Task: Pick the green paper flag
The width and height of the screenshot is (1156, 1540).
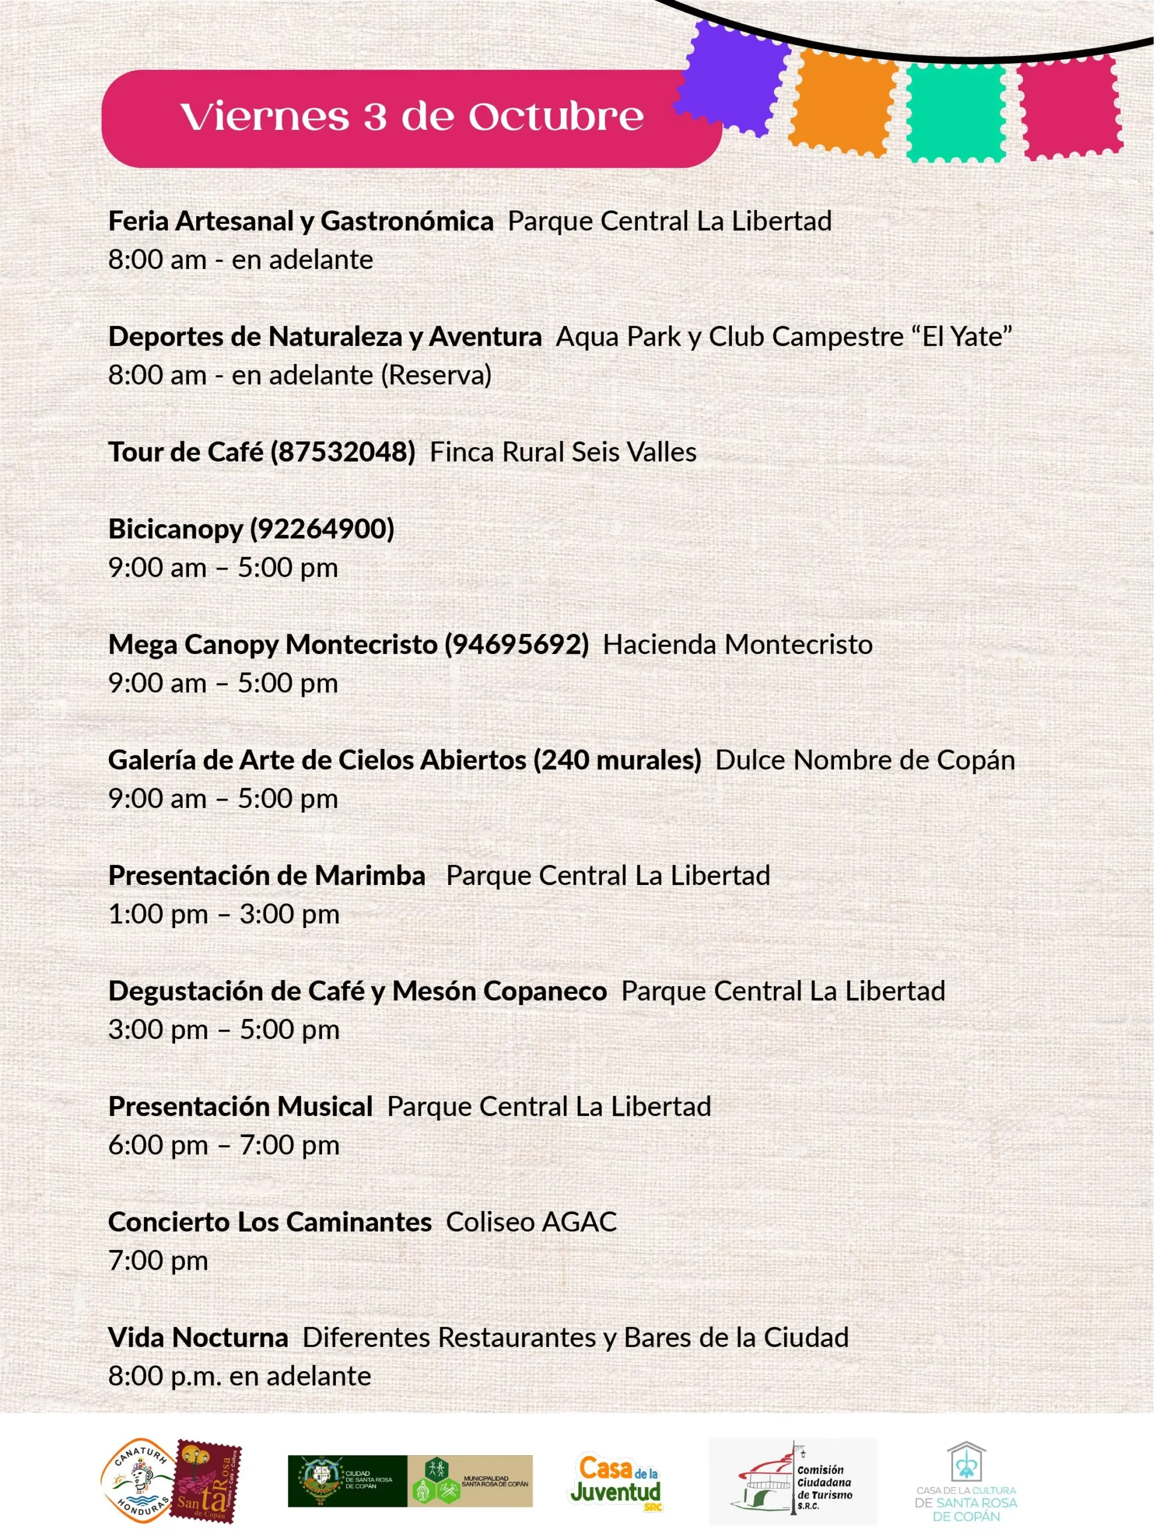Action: (x=956, y=111)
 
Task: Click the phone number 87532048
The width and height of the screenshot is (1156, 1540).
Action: (x=342, y=452)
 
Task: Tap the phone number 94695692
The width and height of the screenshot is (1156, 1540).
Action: (x=517, y=644)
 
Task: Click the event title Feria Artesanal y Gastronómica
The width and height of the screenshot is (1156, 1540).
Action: (x=301, y=221)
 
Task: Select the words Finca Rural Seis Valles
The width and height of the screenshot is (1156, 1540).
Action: (x=563, y=452)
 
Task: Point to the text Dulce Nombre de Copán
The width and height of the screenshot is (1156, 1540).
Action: (x=864, y=760)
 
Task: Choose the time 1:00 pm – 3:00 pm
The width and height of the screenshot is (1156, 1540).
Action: (x=223, y=914)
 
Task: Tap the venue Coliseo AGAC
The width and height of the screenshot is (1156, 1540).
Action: (x=531, y=1222)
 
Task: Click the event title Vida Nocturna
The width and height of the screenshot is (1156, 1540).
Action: (x=198, y=1337)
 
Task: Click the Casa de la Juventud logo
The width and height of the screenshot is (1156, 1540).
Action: (x=616, y=1482)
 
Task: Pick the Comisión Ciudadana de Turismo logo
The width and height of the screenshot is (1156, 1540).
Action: (x=793, y=1482)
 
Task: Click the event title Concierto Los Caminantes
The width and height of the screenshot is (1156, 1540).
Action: (x=270, y=1222)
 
